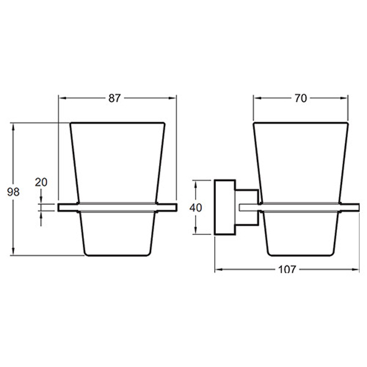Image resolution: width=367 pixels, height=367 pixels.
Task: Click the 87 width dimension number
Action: [114, 98]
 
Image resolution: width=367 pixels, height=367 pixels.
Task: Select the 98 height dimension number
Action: [13, 192]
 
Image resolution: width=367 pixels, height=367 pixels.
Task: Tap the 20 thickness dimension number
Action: [41, 182]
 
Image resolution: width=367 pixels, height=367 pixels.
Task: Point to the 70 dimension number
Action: [301, 98]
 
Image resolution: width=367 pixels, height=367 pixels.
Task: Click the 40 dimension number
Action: [196, 207]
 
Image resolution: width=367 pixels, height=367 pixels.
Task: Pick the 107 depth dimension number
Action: [287, 270]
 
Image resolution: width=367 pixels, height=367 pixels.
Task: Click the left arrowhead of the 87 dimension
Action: [61, 98]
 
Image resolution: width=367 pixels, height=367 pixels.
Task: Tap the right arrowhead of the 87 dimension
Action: [173, 98]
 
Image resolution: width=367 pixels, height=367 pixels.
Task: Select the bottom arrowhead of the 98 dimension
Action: [13, 251]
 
